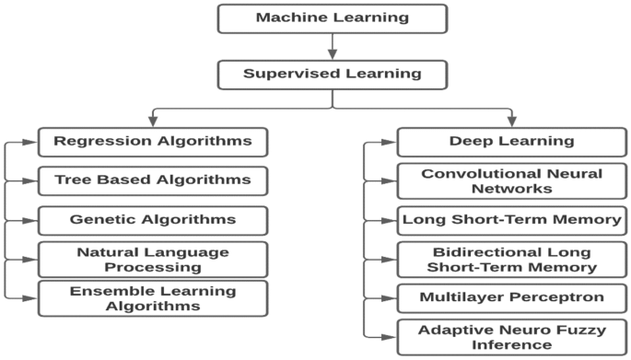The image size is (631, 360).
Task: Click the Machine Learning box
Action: pyautogui.click(x=333, y=18)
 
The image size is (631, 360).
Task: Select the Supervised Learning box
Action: pyautogui.click(x=333, y=75)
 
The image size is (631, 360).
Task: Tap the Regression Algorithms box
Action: pyautogui.click(x=152, y=142)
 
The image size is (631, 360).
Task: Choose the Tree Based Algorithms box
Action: pyautogui.click(x=152, y=180)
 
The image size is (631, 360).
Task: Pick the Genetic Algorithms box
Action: pyautogui.click(x=152, y=220)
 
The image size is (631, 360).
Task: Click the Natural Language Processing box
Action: pyautogui.click(x=152, y=259)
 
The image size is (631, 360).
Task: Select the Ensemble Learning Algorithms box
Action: pyautogui.click(x=152, y=298)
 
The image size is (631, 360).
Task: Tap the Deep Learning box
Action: pyautogui.click(x=511, y=142)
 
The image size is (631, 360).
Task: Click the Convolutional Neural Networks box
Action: pyautogui.click(x=511, y=180)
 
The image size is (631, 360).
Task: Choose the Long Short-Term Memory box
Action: pyautogui.click(x=511, y=220)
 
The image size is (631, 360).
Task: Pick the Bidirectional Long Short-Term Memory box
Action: pyautogui.click(x=511, y=259)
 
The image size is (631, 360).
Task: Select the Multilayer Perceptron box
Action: pyautogui.click(x=511, y=298)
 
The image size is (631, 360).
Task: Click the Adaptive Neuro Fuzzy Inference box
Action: pyautogui.click(x=511, y=337)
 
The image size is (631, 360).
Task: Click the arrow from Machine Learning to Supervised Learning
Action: pyautogui.click(x=333, y=46)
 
